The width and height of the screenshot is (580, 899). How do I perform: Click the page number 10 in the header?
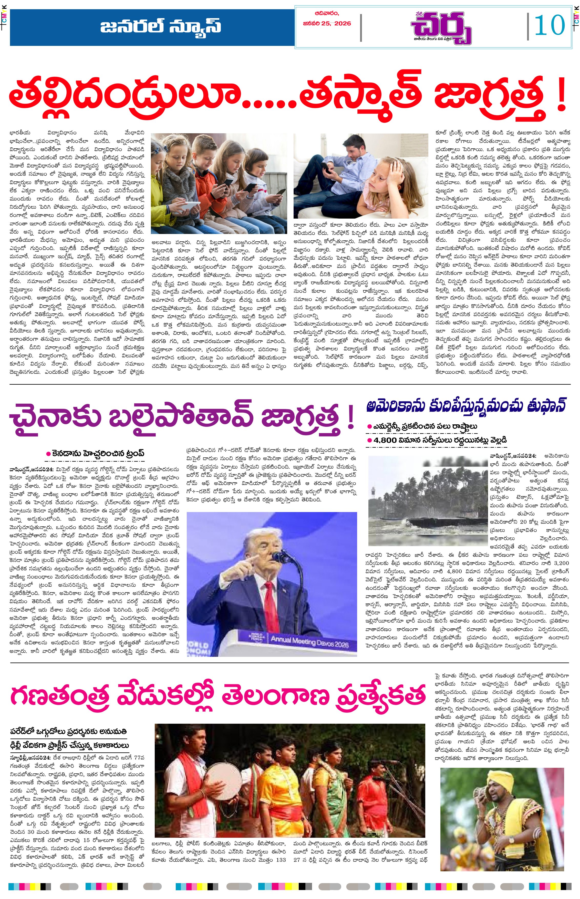550,26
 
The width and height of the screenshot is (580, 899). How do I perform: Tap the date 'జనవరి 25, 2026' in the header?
327,23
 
